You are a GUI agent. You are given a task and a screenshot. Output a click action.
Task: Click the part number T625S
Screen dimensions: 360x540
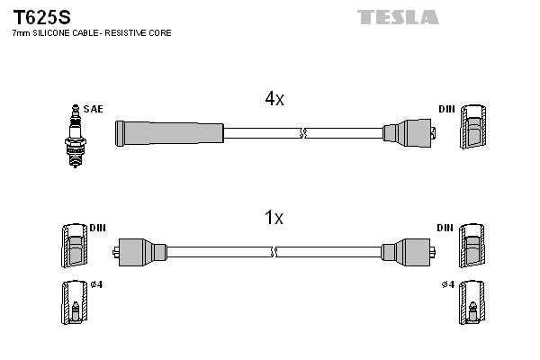(41, 17)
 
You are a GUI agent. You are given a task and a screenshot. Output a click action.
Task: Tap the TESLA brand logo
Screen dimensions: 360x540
(397, 17)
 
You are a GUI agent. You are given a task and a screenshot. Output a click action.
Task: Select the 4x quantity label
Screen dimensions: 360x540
(274, 100)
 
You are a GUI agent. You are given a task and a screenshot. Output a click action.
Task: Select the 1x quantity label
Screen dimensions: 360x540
(274, 218)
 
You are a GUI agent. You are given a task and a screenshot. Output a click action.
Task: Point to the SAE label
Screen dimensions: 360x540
(93, 109)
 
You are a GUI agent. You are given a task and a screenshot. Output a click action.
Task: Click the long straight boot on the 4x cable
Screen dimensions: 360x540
(169, 133)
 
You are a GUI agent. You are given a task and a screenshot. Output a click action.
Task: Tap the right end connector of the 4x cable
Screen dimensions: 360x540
(409, 133)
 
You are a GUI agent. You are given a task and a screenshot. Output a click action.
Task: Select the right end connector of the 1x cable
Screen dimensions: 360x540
(408, 252)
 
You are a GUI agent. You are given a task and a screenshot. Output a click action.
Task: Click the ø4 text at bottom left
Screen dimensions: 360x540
(96, 285)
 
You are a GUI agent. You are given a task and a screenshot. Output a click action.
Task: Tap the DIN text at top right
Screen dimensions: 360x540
(446, 109)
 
